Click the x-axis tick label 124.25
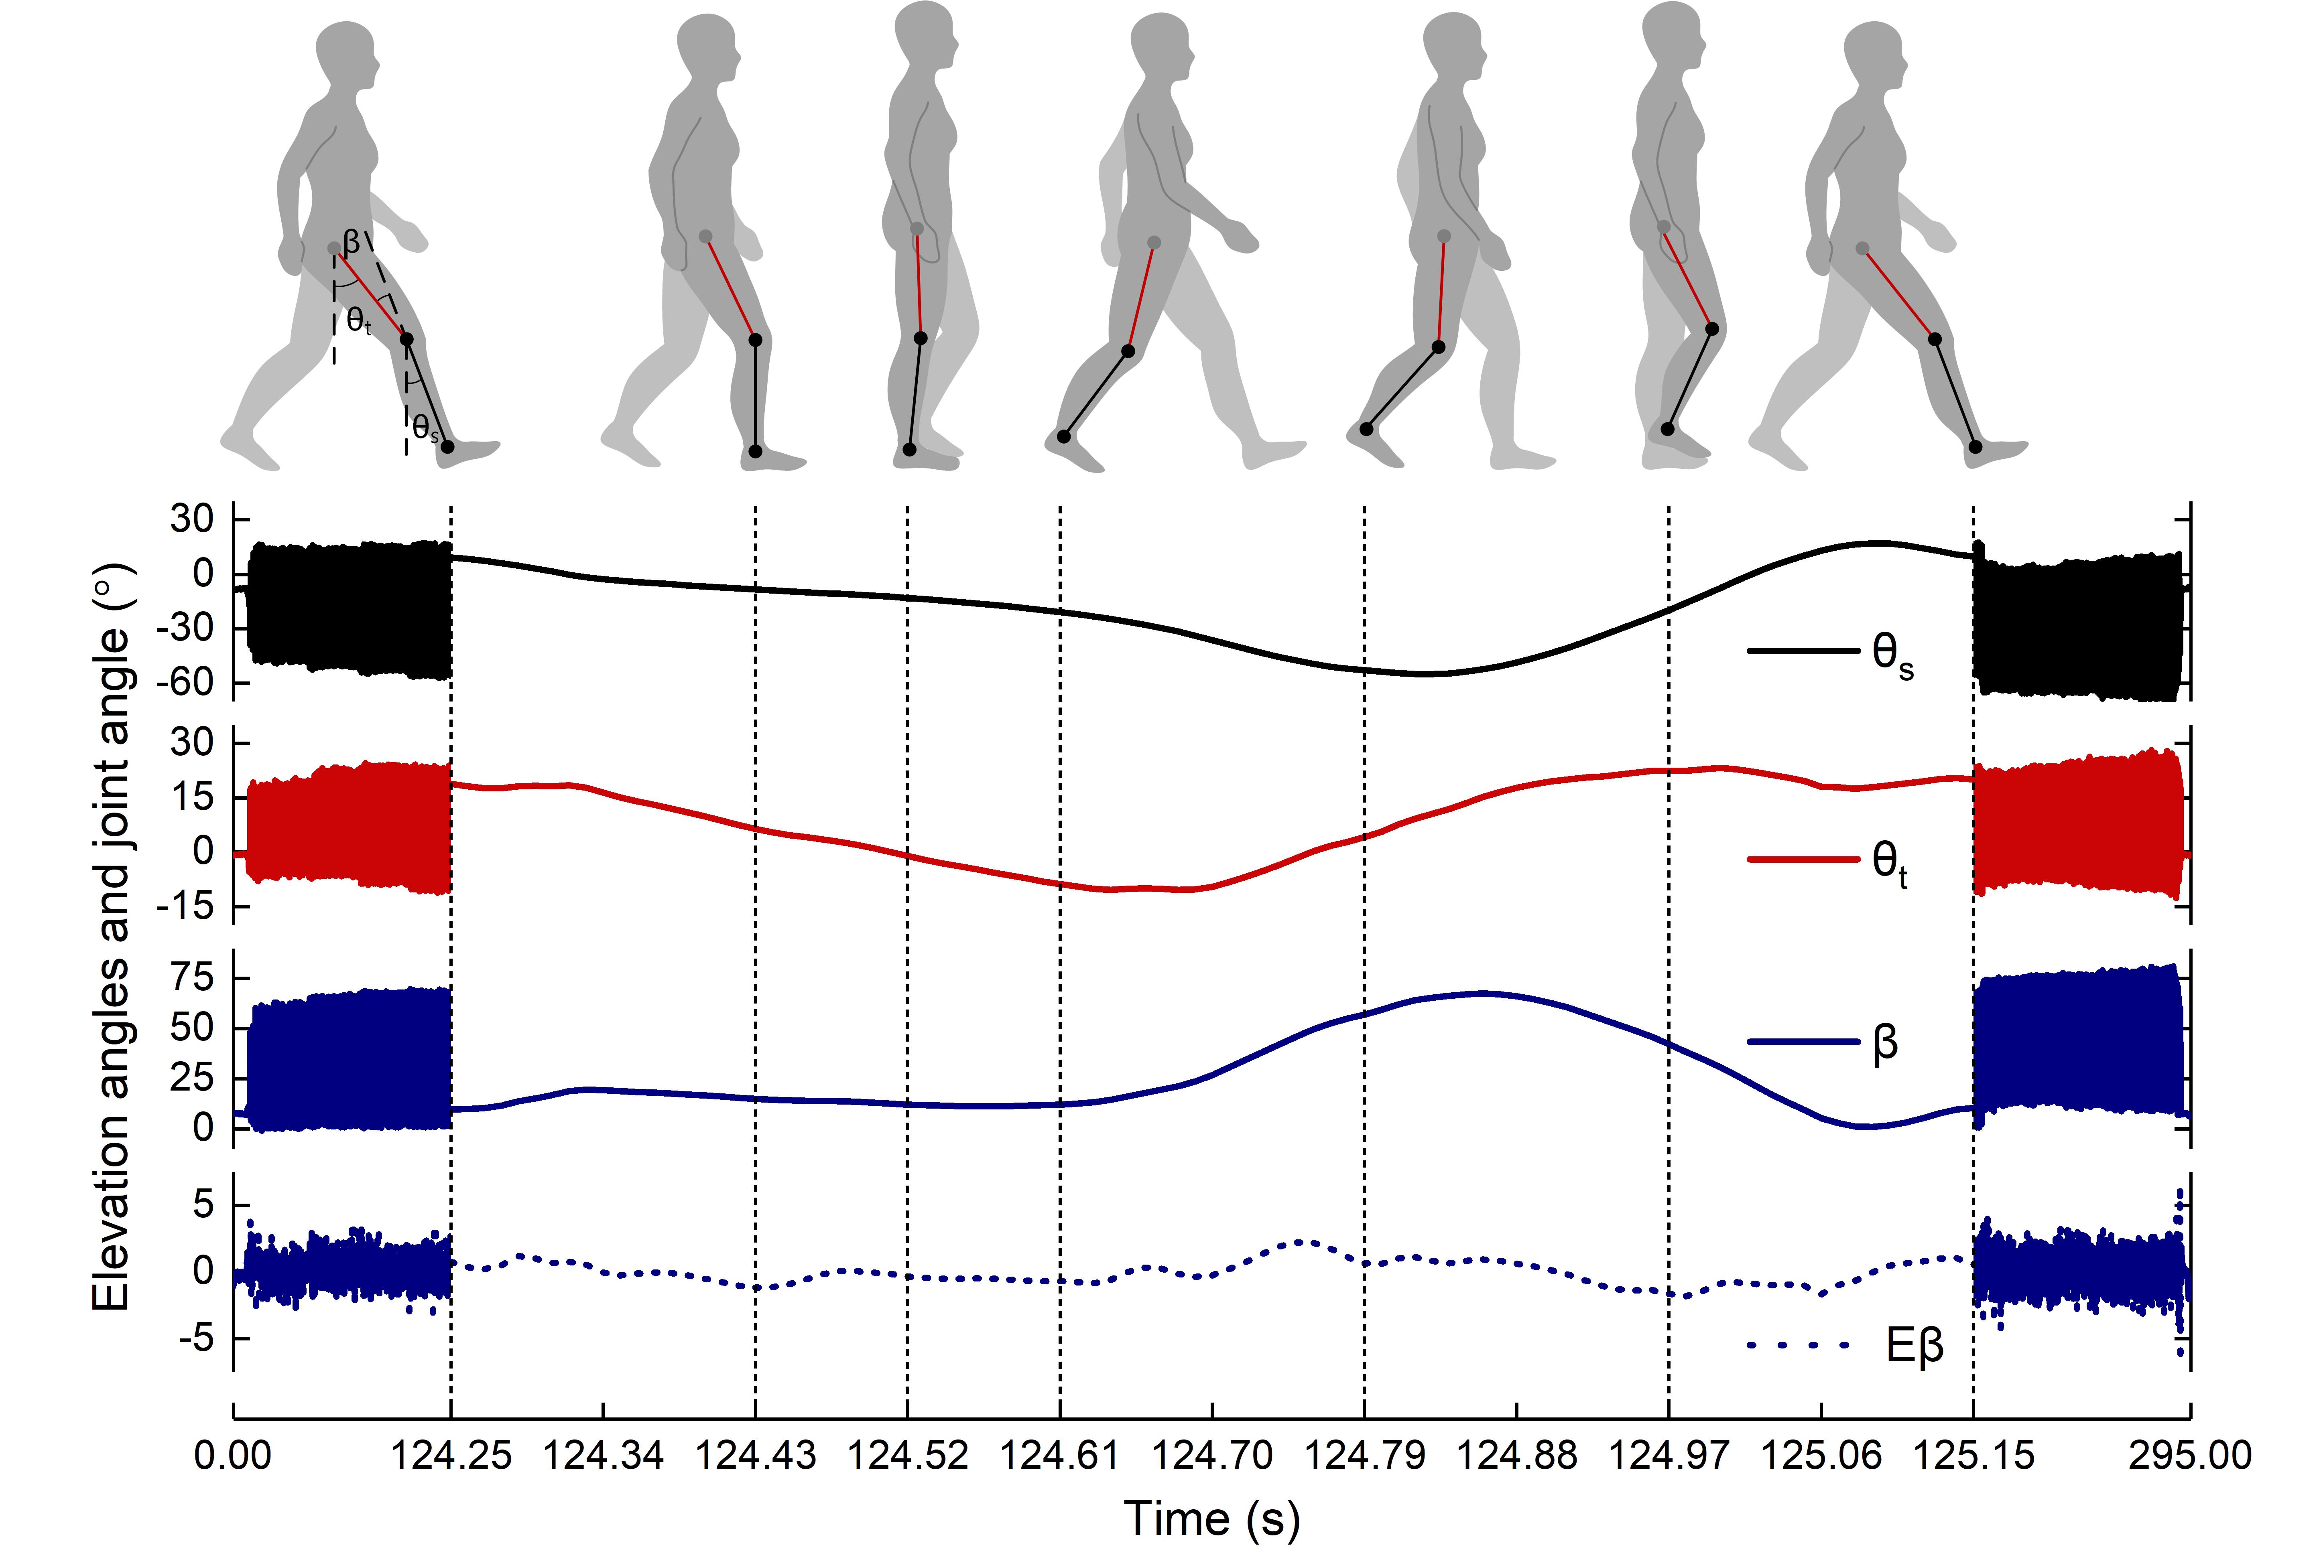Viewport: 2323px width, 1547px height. click(451, 1455)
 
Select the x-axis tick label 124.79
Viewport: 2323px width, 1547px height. click(1365, 1455)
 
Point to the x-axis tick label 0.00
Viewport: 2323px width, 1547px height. click(233, 1455)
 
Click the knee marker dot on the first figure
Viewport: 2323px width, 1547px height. click(406, 339)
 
